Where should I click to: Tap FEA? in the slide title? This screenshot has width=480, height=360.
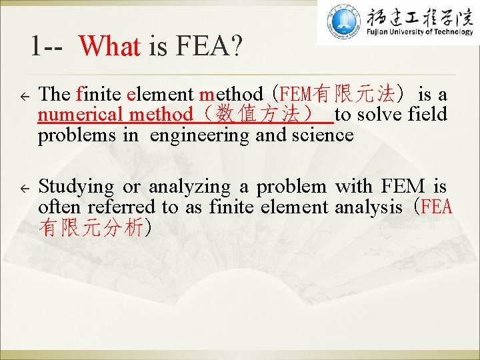tap(209, 46)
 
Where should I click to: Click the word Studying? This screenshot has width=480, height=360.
tap(76, 187)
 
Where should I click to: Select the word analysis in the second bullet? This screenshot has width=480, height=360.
tap(369, 207)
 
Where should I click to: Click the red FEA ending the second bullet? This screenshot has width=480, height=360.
tap(437, 207)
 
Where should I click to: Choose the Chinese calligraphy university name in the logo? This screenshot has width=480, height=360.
tap(417, 16)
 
